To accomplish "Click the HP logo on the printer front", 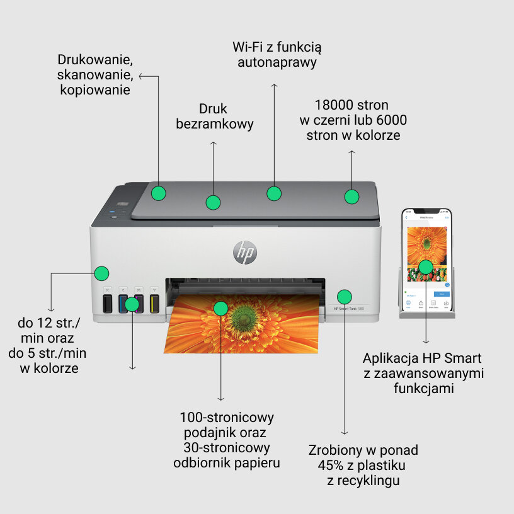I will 245,252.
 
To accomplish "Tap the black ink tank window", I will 108,304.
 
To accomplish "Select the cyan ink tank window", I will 123,304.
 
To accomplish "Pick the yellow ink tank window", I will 154,304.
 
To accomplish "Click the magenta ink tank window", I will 139,304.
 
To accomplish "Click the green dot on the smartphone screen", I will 426,267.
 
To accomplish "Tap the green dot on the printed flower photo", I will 220,308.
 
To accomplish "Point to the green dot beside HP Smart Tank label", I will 343,296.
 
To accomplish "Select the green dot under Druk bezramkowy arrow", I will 213,202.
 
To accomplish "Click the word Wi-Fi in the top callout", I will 247,47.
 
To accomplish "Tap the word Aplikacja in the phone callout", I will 391,358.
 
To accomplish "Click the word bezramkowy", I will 214,124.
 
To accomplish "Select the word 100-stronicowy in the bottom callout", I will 227,417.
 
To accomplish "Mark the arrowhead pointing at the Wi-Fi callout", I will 274,85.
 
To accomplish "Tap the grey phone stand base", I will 427,314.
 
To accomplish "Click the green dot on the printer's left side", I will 101,273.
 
